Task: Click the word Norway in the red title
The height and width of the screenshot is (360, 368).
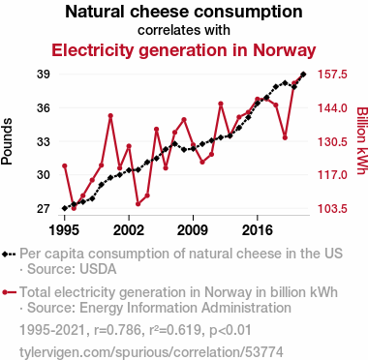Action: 284,50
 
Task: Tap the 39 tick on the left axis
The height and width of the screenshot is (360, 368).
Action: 43,75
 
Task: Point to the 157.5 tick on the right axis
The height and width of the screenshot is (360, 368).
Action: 332,75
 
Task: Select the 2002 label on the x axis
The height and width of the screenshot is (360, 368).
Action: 129,230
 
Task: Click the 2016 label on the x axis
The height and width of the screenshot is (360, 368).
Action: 258,230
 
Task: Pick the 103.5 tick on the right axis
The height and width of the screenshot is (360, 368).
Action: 332,209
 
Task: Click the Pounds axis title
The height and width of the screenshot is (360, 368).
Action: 7,141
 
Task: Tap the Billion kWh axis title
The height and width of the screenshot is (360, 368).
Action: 362,141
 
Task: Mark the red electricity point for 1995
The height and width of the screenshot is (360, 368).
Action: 65,165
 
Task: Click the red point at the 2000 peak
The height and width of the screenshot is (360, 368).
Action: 110,115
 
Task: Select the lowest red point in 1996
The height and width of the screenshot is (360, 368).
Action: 74,208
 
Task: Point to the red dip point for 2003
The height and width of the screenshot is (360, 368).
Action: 138,204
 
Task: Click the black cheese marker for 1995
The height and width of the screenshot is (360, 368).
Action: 65,208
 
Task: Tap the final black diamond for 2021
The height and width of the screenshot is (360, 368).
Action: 303,75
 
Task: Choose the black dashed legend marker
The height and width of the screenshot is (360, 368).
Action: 9,254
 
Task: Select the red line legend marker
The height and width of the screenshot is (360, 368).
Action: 9,292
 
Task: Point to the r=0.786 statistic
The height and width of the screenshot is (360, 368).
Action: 117,330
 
